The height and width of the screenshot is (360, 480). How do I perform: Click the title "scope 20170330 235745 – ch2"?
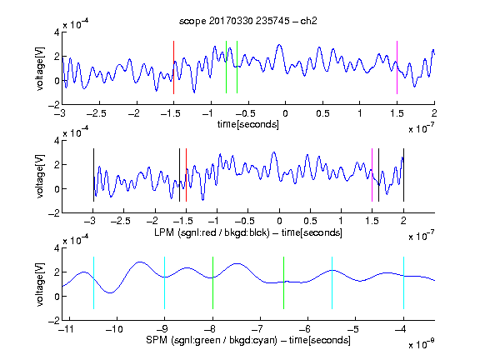coord(248,21)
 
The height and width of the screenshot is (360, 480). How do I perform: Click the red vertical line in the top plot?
coord(173,67)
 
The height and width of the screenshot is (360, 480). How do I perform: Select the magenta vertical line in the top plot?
coord(397,67)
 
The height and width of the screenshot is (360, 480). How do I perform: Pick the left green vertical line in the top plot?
coord(226,67)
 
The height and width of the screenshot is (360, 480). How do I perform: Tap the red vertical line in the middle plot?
coord(186,175)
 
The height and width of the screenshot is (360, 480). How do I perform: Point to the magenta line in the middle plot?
coord(372,175)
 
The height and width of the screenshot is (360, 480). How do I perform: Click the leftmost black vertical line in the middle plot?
coord(93,175)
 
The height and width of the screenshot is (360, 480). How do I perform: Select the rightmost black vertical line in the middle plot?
coord(403,175)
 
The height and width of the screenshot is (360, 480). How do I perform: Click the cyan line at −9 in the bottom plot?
coord(164,282)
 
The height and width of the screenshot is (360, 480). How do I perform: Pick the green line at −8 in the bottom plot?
coord(212,282)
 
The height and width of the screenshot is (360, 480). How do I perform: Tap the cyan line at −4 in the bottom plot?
coord(403,282)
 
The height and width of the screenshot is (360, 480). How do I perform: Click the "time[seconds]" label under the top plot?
coord(248,124)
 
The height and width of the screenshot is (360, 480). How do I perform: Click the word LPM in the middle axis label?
coord(164,232)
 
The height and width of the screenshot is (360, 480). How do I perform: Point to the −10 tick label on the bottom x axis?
coord(114,329)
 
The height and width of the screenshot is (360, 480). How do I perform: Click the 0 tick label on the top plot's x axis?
coord(285,113)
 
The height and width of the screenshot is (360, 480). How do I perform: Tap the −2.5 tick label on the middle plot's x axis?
coord(121,221)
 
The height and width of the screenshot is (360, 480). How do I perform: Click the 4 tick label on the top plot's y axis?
coord(57,32)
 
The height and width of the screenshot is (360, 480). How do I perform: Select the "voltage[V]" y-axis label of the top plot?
coord(40,68)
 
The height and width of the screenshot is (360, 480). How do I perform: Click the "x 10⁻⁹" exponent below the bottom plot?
coord(421,345)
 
